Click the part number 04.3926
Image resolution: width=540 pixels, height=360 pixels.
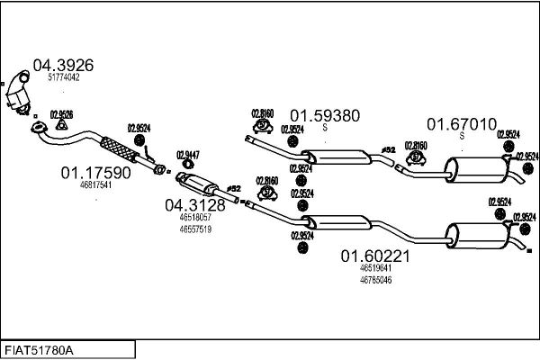tap(63, 65)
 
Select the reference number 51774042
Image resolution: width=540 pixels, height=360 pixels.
tap(63, 77)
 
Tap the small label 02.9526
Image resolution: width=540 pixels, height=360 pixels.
tap(62, 113)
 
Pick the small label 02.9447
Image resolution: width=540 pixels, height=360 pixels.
tap(188, 153)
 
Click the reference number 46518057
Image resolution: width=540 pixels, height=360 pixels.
tap(195, 218)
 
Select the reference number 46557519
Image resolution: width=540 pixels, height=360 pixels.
tap(195, 229)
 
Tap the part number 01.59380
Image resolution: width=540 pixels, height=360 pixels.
tap(324, 115)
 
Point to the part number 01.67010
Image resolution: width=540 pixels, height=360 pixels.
tap(462, 122)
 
